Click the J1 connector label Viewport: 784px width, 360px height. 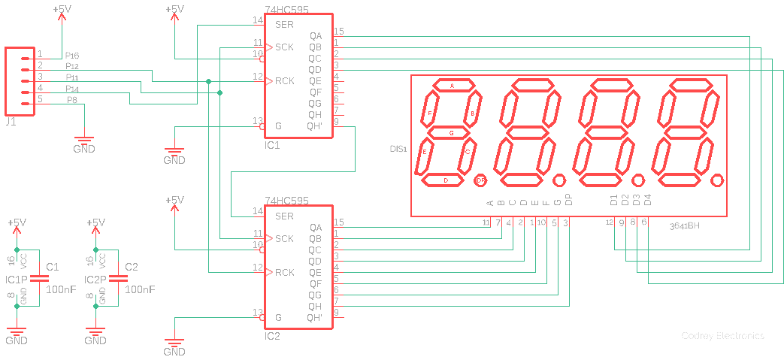click(x=11, y=122)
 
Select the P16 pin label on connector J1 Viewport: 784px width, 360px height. click(x=72, y=56)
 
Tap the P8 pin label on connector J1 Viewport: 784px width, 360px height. click(x=72, y=100)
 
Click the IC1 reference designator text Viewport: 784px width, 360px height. click(x=272, y=145)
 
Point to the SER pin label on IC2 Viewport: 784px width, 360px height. click(x=284, y=216)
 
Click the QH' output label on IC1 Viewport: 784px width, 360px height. click(x=314, y=126)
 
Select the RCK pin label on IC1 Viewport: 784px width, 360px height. click(x=285, y=81)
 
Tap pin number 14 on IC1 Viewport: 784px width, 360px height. click(x=257, y=20)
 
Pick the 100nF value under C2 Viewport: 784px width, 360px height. click(x=140, y=289)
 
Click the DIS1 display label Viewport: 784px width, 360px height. click(x=398, y=149)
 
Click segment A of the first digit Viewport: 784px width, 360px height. click(x=452, y=86)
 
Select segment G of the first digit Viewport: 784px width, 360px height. click(x=451, y=132)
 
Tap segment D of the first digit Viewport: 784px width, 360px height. click(x=446, y=180)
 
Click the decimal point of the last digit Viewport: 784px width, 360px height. click(x=716, y=180)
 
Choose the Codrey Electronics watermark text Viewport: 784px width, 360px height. click(x=722, y=336)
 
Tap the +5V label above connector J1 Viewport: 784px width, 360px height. click(x=63, y=10)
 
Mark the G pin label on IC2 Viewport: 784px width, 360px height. click(x=278, y=318)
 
